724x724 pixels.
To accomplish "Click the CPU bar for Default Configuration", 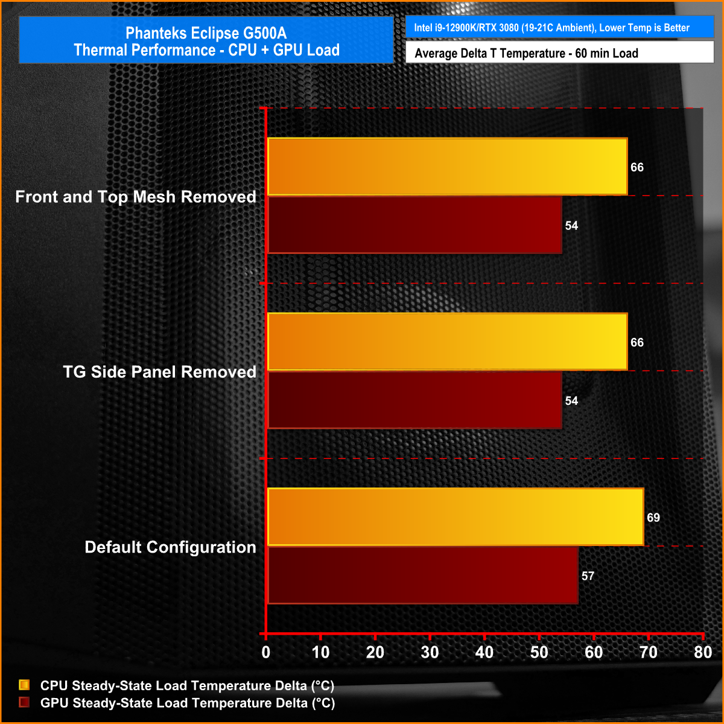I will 456,517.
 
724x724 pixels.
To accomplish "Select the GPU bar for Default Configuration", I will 422,575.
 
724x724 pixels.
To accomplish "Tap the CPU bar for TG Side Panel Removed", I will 447,342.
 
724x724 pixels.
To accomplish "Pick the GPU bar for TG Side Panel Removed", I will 414,400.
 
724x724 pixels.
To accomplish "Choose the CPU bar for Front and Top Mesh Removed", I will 447,167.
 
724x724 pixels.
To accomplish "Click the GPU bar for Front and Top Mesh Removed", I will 414,225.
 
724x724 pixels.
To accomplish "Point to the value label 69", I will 653,518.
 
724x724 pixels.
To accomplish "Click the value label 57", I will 588,576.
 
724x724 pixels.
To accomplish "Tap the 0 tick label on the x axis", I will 266,652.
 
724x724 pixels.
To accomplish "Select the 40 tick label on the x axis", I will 484,652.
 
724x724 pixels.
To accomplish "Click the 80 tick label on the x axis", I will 703,652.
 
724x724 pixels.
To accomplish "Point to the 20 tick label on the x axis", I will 375,652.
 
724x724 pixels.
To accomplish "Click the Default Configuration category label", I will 170,547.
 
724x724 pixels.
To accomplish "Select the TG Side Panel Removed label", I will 159,372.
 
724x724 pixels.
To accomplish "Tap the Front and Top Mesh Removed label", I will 136,197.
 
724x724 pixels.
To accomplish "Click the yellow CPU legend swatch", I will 24,685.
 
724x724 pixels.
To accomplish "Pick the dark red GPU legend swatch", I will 24,702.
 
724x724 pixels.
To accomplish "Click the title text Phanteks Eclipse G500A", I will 206,33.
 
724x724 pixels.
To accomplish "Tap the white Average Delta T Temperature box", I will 560,53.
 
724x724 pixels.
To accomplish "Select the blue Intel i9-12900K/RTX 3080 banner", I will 560,28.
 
